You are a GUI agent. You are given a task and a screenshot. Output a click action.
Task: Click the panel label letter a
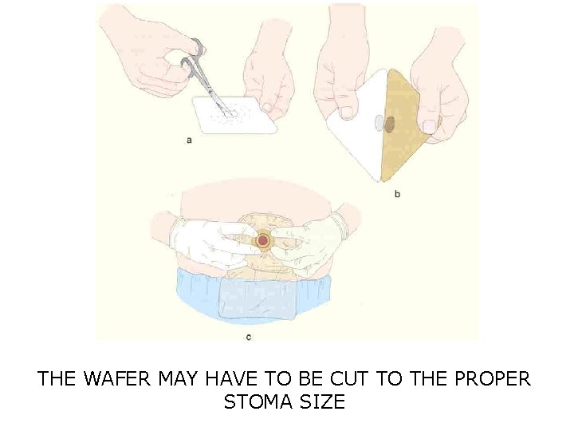189,140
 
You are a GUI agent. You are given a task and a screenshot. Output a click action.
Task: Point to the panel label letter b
397,193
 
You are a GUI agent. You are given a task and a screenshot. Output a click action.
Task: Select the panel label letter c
249,337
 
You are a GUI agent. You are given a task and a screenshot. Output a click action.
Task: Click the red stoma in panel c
263,240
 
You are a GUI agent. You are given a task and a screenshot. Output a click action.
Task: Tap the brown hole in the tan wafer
390,124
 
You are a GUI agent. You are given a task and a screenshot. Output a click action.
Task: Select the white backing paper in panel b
355,136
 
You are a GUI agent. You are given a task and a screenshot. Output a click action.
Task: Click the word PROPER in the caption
492,378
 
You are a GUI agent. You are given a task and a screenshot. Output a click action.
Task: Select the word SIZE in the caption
323,401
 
